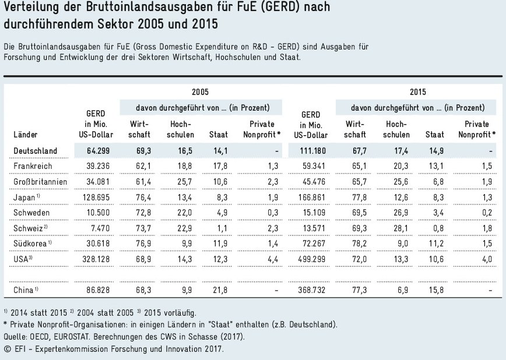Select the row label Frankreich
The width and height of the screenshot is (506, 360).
pos(30,167)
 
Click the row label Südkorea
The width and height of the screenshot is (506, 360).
pos(29,242)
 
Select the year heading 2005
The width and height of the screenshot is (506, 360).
pos(200,92)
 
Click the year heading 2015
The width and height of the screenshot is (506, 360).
pos(417,92)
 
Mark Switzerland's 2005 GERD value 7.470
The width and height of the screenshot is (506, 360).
pos(100,227)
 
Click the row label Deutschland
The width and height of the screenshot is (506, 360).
pos(35,151)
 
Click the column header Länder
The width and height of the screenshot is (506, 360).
pos(25,135)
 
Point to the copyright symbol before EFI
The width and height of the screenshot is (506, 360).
pos(7,350)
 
